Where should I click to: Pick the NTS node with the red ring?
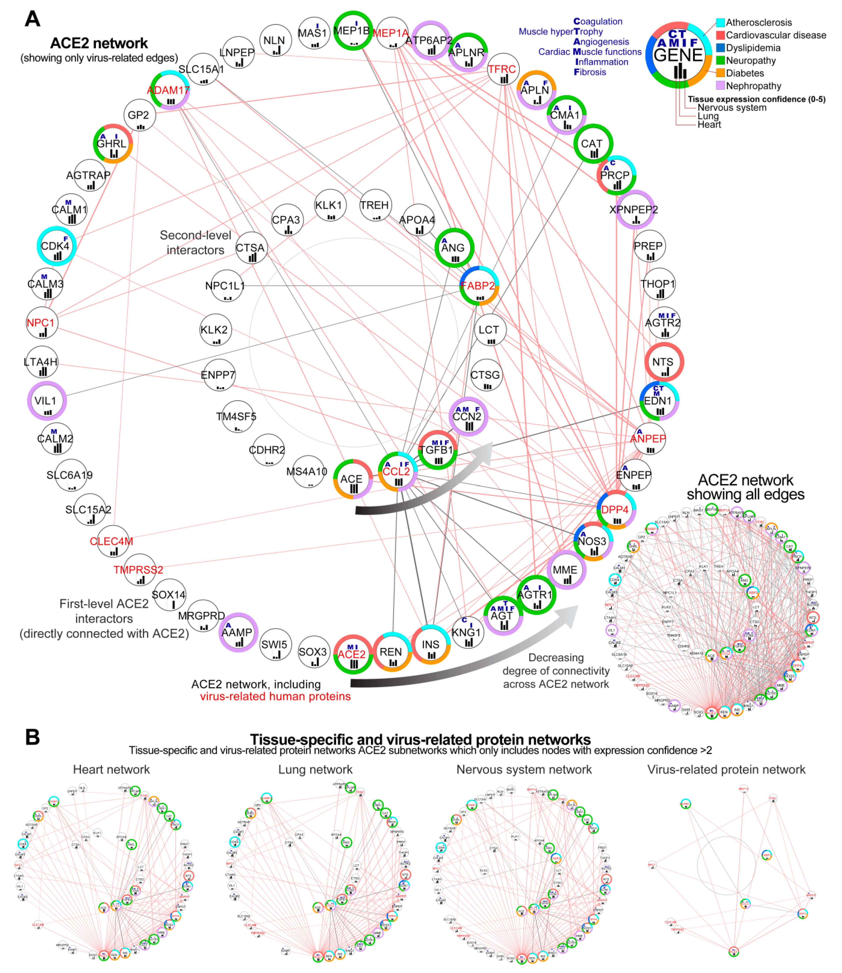[663, 362]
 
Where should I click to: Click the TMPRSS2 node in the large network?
[139, 570]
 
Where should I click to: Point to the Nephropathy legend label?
[753, 86]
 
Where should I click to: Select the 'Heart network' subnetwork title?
[111, 769]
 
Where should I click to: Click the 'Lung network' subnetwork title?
[315, 769]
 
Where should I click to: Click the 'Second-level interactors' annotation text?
[195, 243]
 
